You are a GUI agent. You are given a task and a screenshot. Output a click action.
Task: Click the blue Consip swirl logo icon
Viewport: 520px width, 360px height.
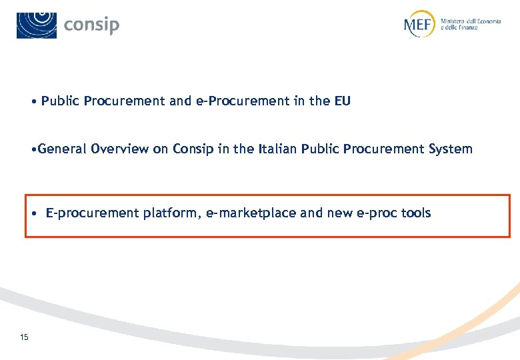(x=37, y=25)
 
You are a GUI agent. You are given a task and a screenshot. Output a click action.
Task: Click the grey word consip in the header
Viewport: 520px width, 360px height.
(x=92, y=25)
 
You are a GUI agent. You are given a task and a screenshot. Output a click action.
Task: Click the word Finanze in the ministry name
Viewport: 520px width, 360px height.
(x=466, y=28)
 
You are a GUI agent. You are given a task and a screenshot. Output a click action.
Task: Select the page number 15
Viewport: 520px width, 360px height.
(x=25, y=337)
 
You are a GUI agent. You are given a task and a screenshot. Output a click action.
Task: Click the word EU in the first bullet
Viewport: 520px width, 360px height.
(x=342, y=101)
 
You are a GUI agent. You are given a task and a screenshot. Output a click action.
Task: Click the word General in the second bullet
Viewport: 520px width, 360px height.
(x=63, y=149)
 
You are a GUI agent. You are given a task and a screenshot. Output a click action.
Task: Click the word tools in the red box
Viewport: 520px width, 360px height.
(x=415, y=213)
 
